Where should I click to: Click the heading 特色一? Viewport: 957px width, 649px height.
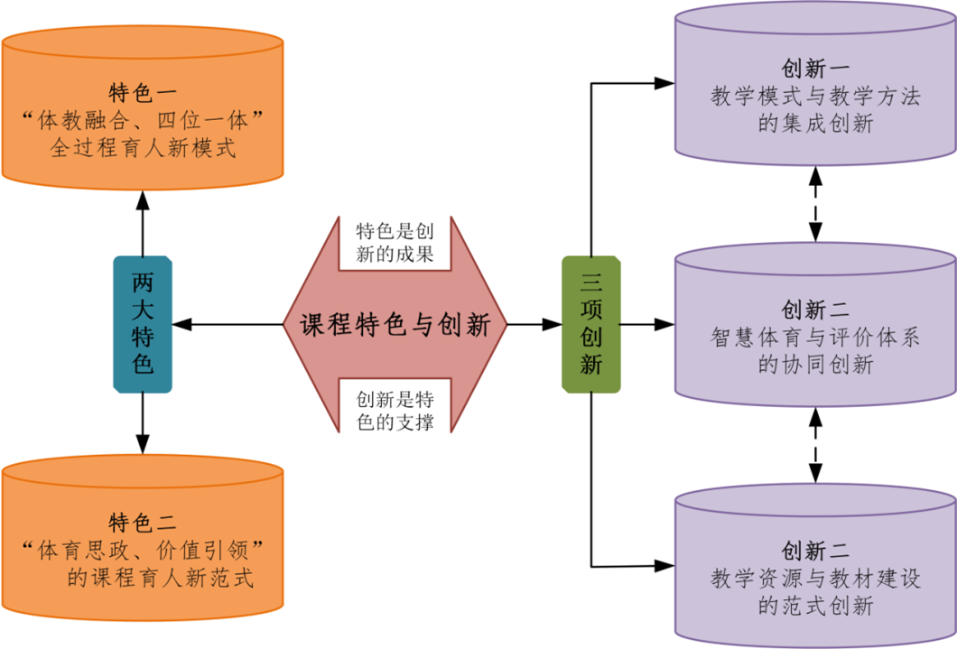(x=143, y=92)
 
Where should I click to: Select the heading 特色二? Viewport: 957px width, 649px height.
(x=143, y=521)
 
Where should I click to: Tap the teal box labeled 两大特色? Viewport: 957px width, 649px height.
(x=143, y=323)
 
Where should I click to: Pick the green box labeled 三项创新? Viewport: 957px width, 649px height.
(x=591, y=323)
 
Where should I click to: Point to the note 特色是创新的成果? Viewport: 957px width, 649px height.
(x=395, y=242)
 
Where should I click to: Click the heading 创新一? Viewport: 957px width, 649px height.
(x=816, y=70)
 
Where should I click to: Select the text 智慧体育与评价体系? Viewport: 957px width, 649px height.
(x=816, y=338)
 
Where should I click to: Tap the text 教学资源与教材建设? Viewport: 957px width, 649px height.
(x=816, y=576)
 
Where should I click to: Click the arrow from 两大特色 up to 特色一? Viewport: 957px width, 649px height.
(x=143, y=221)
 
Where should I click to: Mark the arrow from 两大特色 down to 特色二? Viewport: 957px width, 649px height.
(x=143, y=424)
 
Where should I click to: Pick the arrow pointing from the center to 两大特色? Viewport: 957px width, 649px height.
(x=230, y=324)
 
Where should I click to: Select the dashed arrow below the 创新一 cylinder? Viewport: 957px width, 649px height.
(x=816, y=204)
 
